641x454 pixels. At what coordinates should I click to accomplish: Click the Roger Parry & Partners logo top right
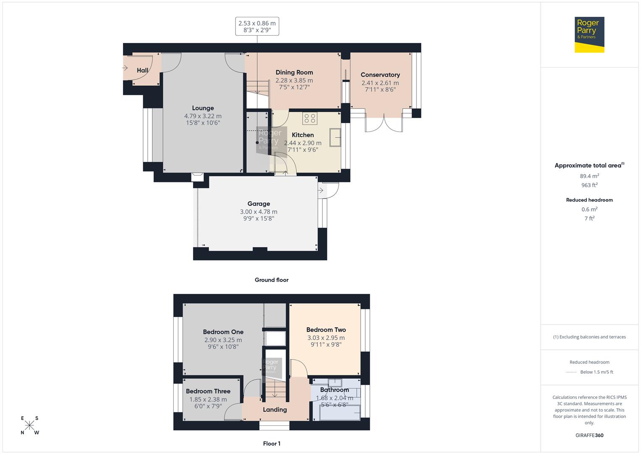[589, 34]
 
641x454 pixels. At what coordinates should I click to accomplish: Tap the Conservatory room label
[380, 75]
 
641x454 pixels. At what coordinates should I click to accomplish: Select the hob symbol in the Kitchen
[310, 119]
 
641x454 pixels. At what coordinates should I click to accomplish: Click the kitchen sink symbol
[335, 137]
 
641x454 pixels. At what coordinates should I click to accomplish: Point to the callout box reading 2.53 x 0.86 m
[257, 26]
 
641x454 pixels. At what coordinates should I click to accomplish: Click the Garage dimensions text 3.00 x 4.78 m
[259, 212]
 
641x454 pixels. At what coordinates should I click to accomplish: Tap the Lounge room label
[203, 108]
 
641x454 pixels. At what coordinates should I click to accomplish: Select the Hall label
[142, 70]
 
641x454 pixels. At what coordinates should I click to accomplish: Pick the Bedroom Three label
[208, 391]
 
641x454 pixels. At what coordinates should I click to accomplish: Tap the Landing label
[275, 409]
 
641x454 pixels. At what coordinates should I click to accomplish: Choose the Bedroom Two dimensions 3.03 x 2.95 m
[326, 338]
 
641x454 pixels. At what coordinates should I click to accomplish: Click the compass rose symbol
[29, 425]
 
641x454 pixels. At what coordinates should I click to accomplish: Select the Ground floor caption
[272, 280]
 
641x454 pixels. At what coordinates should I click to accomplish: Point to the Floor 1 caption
[272, 443]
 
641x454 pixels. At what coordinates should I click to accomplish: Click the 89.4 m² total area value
[589, 176]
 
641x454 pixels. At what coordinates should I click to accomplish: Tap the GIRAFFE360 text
[589, 436]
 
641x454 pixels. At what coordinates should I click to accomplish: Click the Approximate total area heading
[589, 166]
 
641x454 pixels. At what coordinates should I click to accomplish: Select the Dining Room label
[294, 72]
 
